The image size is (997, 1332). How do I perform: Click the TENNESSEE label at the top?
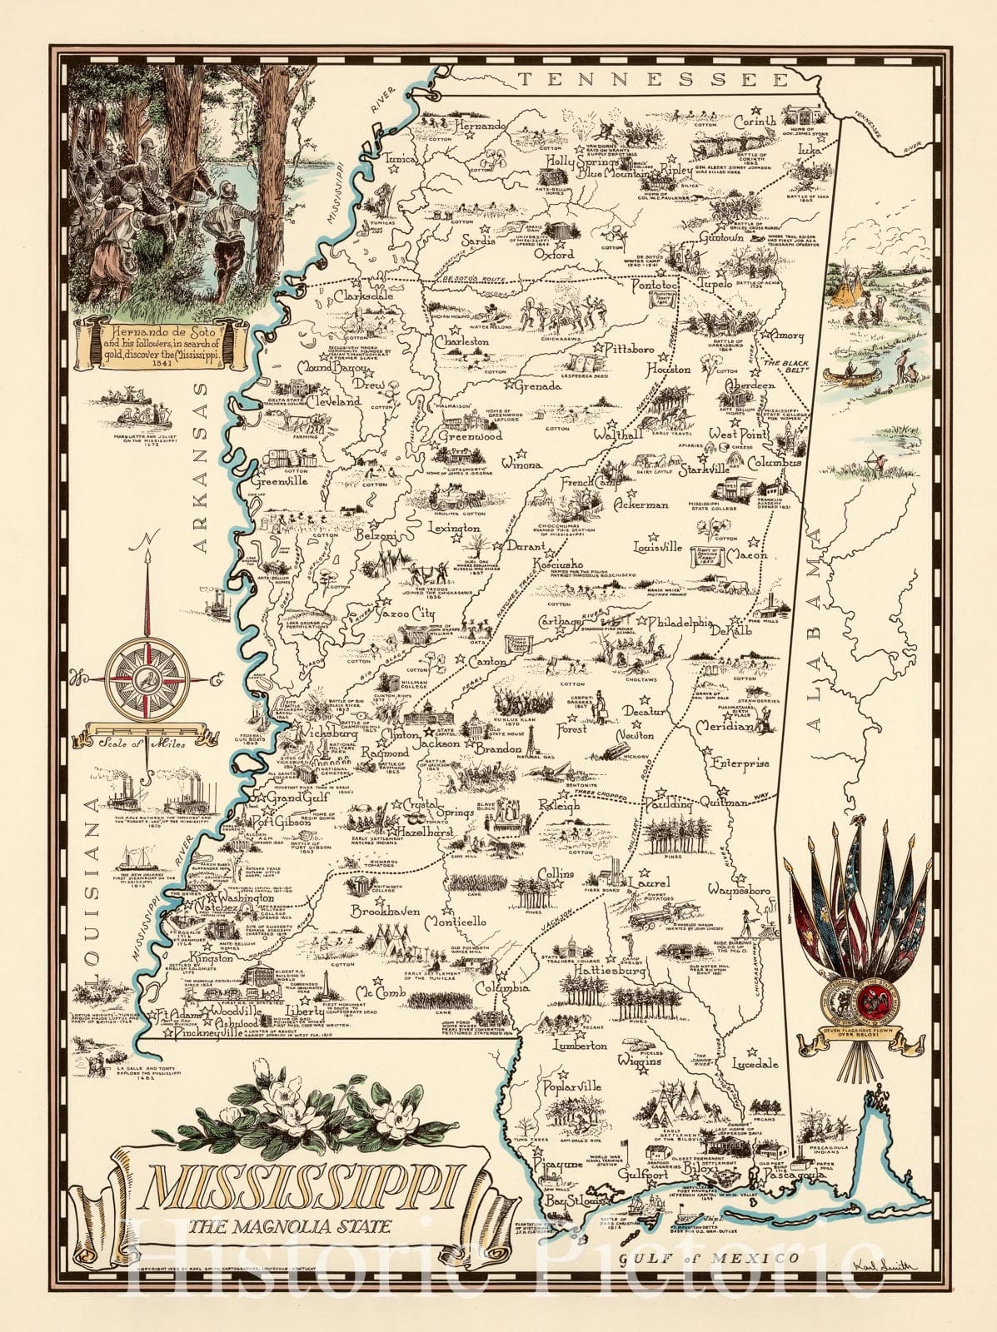(x=652, y=79)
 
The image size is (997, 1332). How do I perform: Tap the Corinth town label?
(x=755, y=122)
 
